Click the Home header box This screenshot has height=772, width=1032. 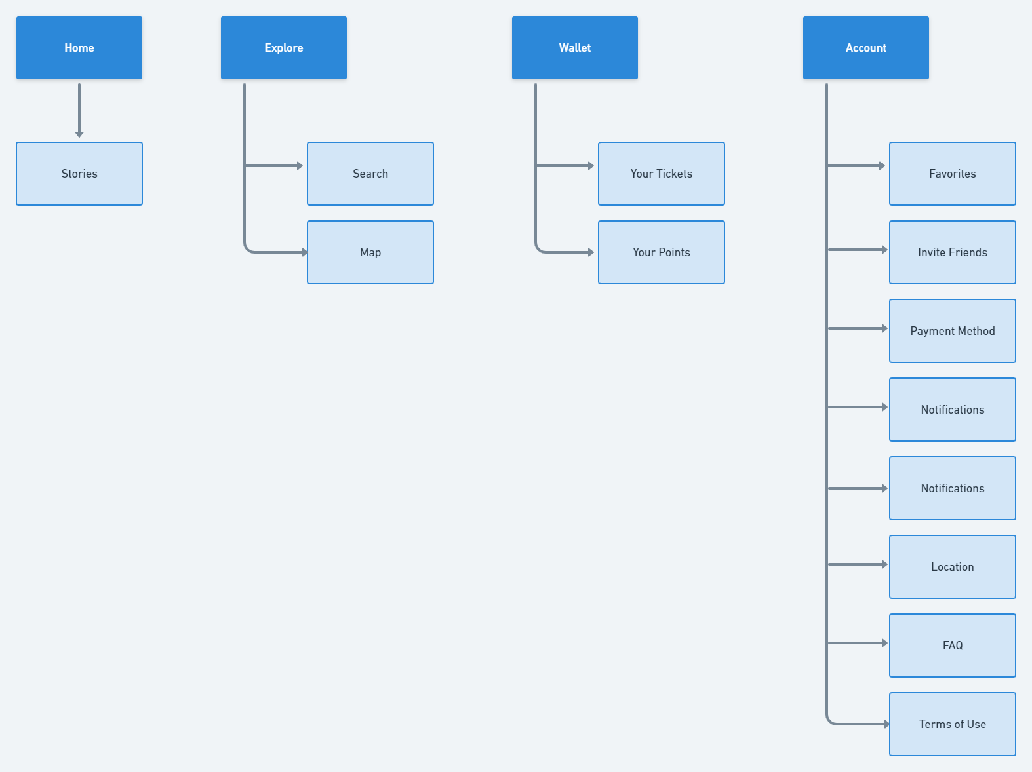click(79, 48)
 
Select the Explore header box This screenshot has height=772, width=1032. click(284, 48)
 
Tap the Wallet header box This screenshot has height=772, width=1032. click(575, 48)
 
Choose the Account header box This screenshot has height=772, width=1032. click(866, 48)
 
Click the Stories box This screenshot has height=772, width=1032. click(79, 174)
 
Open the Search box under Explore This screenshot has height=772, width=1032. click(370, 174)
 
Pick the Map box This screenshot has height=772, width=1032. click(370, 252)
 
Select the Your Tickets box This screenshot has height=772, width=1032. click(662, 174)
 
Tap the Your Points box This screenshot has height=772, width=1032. click(662, 252)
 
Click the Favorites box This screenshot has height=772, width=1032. click(953, 174)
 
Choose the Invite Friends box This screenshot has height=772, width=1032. click(953, 252)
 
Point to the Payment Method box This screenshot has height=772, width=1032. click(953, 331)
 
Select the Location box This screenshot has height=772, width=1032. click(953, 567)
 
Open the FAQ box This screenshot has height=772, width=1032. click(953, 646)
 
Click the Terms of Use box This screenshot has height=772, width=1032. click(953, 724)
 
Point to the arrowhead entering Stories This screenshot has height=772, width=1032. click(79, 134)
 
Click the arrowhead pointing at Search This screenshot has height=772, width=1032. click(300, 166)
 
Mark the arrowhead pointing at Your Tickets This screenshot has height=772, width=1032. click(591, 166)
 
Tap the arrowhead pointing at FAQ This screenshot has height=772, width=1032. click(884, 643)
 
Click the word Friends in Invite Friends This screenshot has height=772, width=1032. click(968, 252)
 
